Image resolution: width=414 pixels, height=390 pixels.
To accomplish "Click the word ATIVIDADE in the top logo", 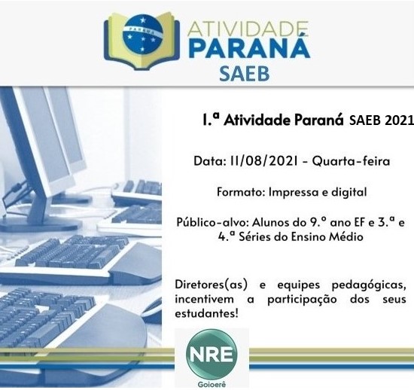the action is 248,29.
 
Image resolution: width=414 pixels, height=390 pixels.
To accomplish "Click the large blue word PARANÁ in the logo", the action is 249,47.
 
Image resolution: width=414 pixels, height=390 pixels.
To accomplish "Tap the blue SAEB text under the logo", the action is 244,74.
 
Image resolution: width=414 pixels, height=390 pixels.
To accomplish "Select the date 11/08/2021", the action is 263,161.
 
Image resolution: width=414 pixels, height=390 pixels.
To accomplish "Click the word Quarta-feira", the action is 351,161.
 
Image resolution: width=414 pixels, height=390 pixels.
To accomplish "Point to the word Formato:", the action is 241,192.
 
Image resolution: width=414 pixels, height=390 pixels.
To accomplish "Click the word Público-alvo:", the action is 212,223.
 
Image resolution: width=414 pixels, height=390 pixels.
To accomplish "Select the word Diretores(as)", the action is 212,285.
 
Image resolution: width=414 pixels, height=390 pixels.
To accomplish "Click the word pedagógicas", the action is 369,285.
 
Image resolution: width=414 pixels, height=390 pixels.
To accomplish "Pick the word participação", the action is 302,300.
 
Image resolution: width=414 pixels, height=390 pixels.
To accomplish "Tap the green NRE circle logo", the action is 212,355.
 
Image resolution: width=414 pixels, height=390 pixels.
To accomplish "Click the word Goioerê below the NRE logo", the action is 212,385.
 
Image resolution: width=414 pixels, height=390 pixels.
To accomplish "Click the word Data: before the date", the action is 209,161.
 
